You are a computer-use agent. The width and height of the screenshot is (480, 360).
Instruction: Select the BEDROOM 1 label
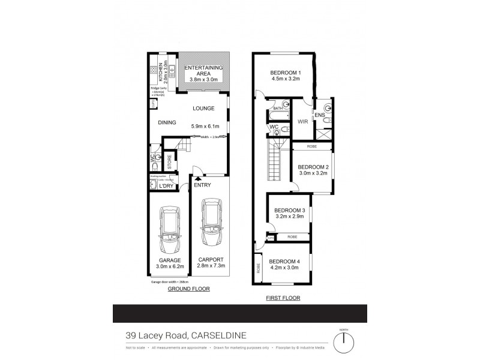point(286,73)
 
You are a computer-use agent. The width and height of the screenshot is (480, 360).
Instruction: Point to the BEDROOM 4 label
point(283,261)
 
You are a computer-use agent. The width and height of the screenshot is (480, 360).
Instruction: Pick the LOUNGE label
point(203,109)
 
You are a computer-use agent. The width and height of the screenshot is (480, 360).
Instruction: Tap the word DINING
point(167,122)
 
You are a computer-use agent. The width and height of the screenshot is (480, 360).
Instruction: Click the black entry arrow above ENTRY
point(198,178)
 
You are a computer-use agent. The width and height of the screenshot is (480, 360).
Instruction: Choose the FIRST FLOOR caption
point(283,298)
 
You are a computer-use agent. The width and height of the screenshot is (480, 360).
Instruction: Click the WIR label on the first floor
point(303,121)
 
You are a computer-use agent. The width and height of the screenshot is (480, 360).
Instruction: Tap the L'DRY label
point(166,185)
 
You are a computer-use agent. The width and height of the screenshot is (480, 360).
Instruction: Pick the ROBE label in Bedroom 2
point(312,146)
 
